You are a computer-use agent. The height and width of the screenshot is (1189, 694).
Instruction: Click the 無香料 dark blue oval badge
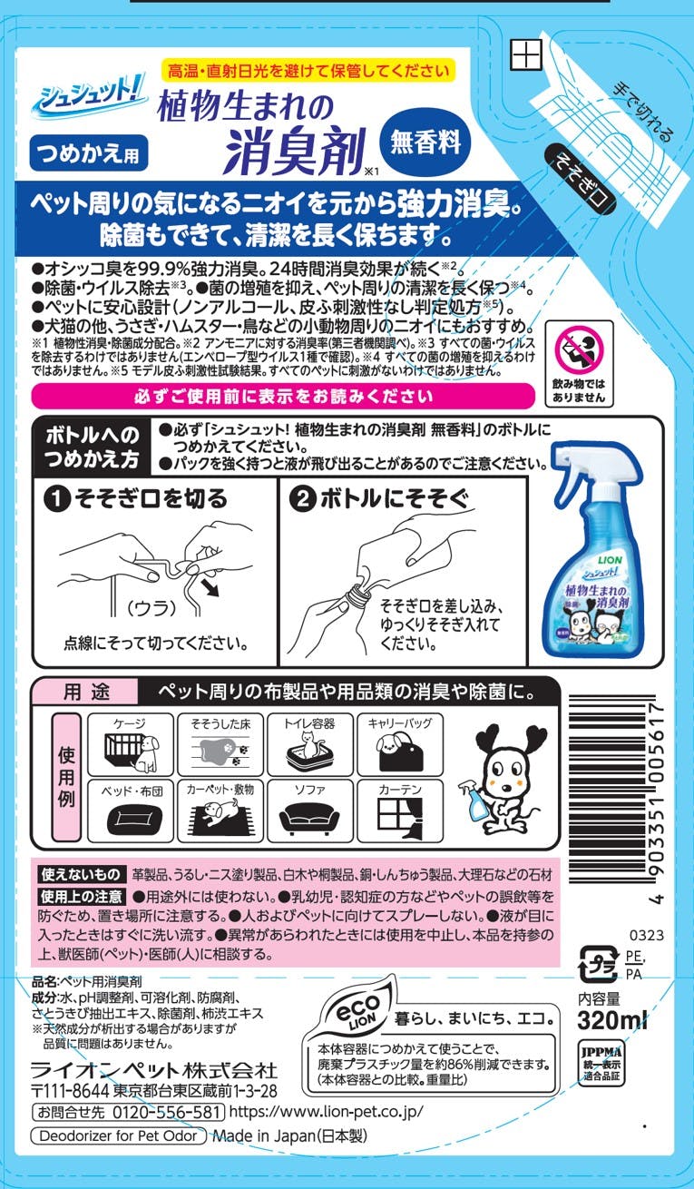click(425, 143)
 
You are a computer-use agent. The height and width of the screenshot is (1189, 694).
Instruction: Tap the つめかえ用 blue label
click(88, 153)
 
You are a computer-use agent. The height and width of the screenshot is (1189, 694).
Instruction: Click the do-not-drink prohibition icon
click(580, 349)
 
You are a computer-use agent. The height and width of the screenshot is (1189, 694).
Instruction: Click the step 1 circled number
click(57, 499)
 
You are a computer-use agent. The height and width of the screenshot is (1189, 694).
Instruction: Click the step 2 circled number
click(302, 499)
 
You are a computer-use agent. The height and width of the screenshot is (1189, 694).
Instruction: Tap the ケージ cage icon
click(131, 745)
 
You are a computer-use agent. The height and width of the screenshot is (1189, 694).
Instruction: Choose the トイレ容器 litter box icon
click(310, 745)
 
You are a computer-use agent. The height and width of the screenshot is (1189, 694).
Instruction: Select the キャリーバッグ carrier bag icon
click(399, 745)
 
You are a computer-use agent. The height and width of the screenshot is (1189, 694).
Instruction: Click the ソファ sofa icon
click(310, 811)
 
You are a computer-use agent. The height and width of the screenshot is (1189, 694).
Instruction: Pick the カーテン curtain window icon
click(399, 811)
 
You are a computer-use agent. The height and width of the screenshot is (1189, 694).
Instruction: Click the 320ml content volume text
click(612, 1020)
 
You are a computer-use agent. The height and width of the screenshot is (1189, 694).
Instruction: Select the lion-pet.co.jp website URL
click(327, 1112)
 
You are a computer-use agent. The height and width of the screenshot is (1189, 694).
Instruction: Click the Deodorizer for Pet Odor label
click(118, 1135)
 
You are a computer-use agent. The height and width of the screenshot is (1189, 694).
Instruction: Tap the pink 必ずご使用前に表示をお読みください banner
click(283, 396)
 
